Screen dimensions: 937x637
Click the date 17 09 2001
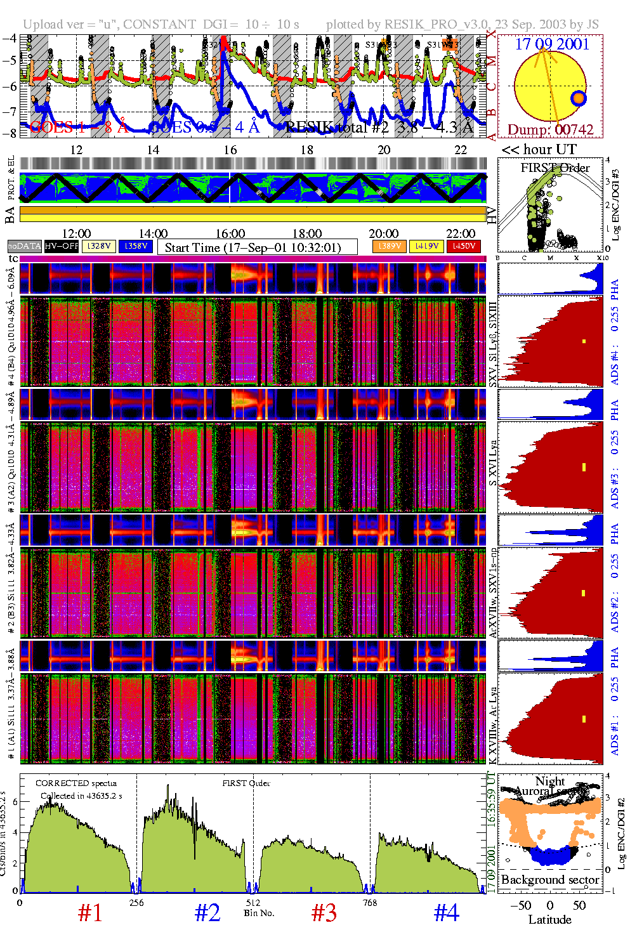point(552,44)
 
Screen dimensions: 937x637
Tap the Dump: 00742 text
point(550,129)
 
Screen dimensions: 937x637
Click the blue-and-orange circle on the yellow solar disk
point(578,98)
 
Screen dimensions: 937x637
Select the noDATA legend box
point(25,246)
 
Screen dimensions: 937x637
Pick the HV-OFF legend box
point(62,246)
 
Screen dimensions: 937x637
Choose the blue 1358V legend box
point(136,246)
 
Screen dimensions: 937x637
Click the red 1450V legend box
point(464,246)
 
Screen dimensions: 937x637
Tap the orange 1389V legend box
point(389,246)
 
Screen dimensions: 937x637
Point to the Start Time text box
point(258,247)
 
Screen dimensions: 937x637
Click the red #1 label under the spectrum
point(89,913)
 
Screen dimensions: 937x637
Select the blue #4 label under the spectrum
point(446,913)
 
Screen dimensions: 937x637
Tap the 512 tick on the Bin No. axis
point(253,903)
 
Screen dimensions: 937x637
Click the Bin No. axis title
point(259,913)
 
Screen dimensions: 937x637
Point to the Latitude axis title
point(549,920)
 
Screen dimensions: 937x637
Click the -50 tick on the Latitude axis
point(521,905)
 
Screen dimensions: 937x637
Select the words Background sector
point(549,879)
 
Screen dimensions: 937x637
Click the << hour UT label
point(539,150)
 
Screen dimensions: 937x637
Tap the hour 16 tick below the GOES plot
point(230,150)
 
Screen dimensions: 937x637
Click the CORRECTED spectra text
point(76,783)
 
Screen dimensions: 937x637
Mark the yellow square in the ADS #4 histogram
point(584,341)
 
